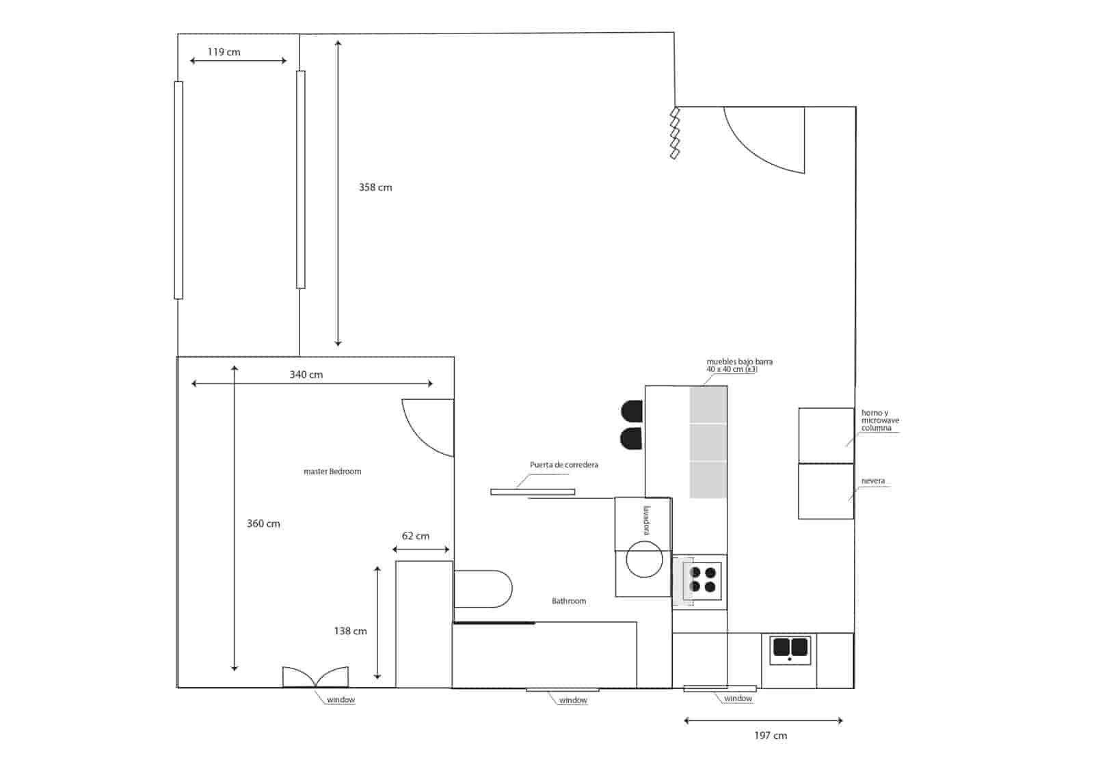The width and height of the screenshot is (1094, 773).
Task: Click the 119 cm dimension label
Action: tap(224, 52)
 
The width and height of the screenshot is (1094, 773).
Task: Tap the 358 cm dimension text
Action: tap(375, 187)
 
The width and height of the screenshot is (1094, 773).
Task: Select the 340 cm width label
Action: tap(306, 375)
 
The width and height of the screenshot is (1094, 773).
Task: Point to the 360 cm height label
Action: tap(263, 524)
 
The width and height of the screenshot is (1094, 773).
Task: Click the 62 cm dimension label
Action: tap(416, 536)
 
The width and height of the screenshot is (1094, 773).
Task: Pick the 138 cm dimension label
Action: tap(350, 631)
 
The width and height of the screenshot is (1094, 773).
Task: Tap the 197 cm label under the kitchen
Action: tap(770, 735)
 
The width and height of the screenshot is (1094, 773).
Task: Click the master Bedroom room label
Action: tap(332, 472)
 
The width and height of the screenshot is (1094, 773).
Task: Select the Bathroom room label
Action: tap(569, 601)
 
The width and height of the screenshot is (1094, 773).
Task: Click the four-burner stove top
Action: tap(703, 580)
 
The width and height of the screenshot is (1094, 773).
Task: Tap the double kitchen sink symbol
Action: tap(790, 648)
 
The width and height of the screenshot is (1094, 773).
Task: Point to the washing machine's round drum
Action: tap(644, 559)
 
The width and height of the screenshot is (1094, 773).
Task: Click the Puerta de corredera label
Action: tap(563, 465)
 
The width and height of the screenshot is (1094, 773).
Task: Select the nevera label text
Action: tap(873, 481)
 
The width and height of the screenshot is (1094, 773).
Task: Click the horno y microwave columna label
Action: tap(880, 420)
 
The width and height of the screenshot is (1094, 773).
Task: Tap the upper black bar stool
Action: tap(632, 411)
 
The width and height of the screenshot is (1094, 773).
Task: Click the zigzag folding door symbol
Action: tap(675, 133)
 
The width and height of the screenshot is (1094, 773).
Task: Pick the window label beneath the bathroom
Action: tap(573, 701)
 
